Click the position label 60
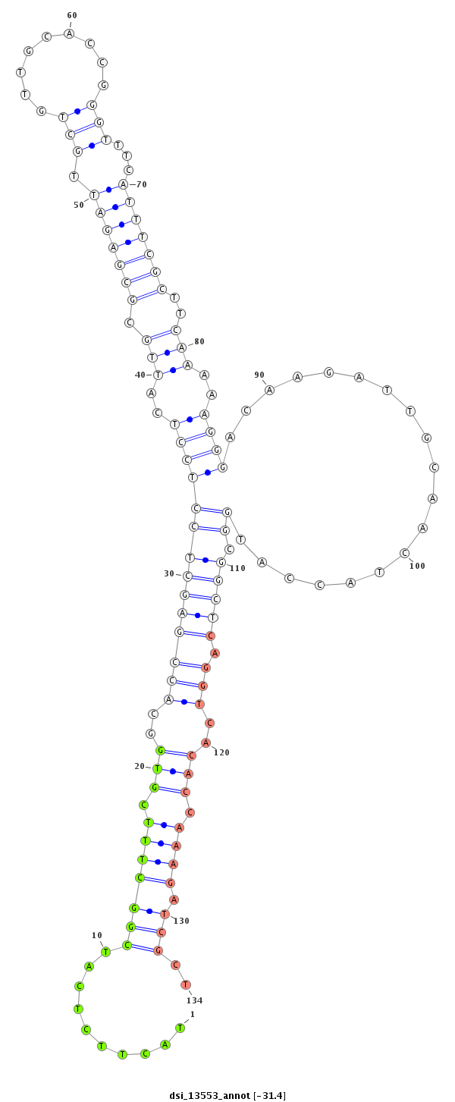72,15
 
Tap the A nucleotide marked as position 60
69,33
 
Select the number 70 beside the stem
142,184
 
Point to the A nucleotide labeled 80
182,347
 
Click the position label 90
259,375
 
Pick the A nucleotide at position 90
269,390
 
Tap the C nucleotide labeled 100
404,553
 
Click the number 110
237,568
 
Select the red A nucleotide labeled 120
206,743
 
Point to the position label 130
181,921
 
